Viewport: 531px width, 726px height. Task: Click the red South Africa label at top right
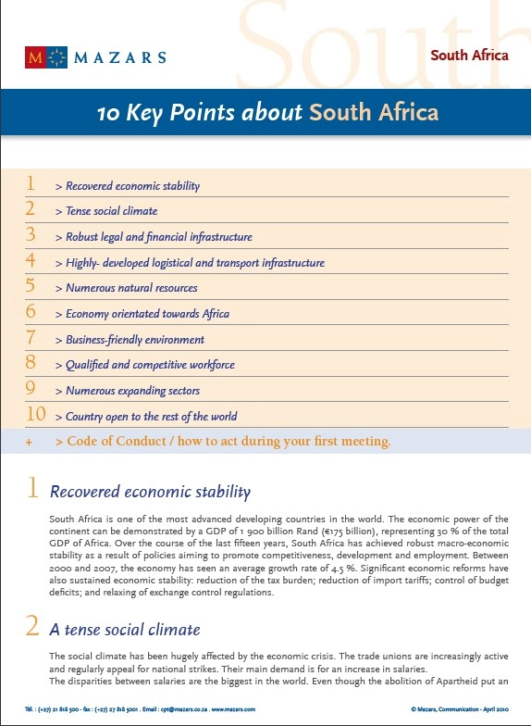(x=469, y=55)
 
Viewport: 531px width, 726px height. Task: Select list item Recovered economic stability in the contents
(x=132, y=186)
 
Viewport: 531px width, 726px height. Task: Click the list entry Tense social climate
(x=111, y=211)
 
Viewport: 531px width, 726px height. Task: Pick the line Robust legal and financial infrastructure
(x=158, y=237)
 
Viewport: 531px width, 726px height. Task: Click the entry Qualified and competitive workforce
(x=150, y=365)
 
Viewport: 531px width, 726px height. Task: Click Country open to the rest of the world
(x=151, y=417)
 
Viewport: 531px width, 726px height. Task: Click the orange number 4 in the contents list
(x=31, y=261)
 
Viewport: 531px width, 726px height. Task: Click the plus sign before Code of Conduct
(x=29, y=443)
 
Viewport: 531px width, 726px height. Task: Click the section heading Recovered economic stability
(x=149, y=492)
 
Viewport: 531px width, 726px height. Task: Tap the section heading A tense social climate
(x=124, y=630)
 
